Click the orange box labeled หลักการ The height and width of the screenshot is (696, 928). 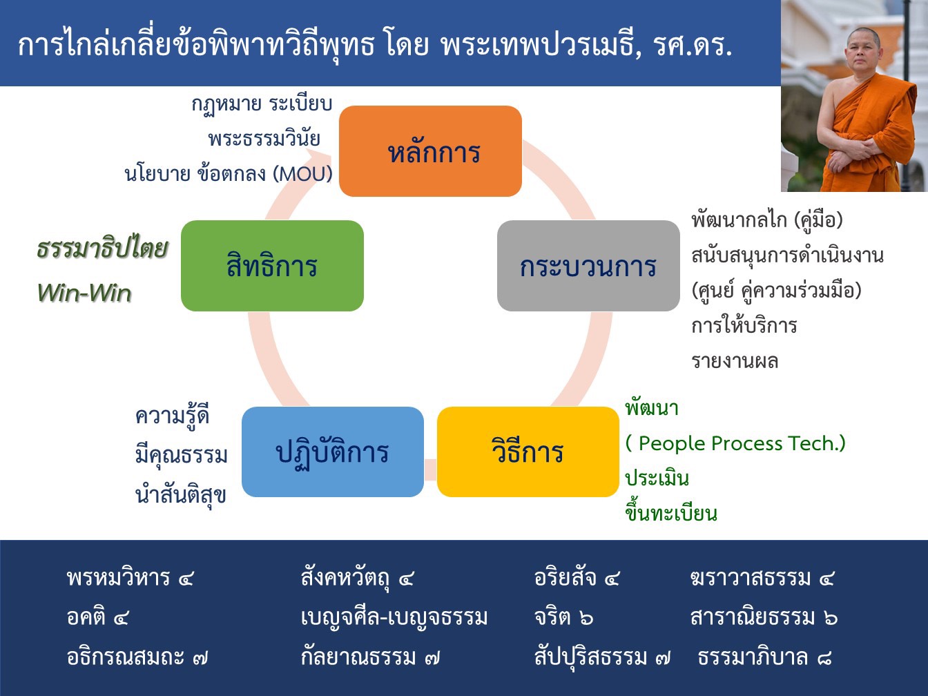pyautogui.click(x=430, y=151)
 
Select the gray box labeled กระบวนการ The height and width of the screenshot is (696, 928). pyautogui.click(x=588, y=266)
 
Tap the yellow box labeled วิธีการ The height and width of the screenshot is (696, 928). pyautogui.click(x=528, y=452)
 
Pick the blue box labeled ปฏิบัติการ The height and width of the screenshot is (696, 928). pyautogui.click(x=332, y=452)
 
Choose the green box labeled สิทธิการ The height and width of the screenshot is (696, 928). pyautogui.click(x=272, y=266)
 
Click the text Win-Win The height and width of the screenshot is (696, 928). pyautogui.click(x=84, y=293)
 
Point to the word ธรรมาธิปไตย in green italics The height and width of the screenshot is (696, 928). pyautogui.click(x=102, y=249)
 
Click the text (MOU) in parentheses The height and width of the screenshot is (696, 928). pyautogui.click(x=302, y=173)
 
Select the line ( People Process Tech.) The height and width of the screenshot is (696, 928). pyautogui.click(x=735, y=443)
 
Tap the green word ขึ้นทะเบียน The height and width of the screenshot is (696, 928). pyautogui.click(x=671, y=513)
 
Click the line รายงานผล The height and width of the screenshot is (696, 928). pyautogui.click(x=735, y=361)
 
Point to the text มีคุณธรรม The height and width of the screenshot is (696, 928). pyautogui.click(x=182, y=455)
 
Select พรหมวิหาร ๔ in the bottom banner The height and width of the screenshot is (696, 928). pyautogui.click(x=130, y=577)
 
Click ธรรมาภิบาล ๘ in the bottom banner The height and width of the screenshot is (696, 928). pyautogui.click(x=764, y=657)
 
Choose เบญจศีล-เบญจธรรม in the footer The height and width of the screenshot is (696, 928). pyautogui.click(x=394, y=617)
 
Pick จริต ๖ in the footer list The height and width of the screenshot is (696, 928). pyautogui.click(x=563, y=617)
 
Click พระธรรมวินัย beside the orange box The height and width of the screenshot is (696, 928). pyautogui.click(x=264, y=138)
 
